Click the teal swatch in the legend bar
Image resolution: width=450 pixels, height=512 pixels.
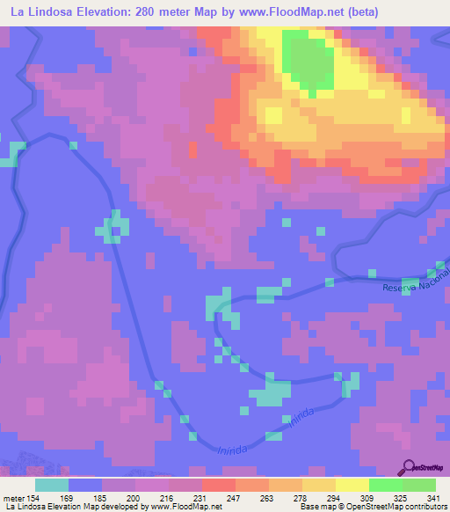point(52,485)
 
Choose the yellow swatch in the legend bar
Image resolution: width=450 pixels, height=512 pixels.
point(352,485)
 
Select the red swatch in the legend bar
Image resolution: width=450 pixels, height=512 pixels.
point(218,485)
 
